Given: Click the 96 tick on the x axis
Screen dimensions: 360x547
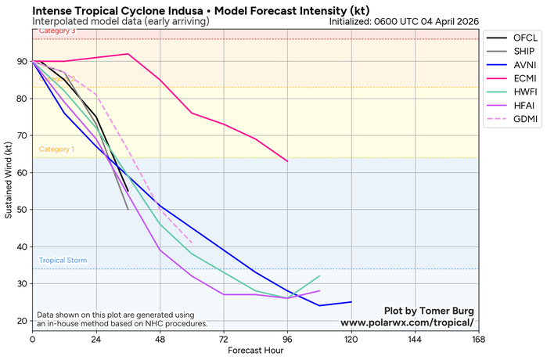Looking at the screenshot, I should click(287, 339).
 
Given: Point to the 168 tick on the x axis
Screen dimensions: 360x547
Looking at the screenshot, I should click(479, 339).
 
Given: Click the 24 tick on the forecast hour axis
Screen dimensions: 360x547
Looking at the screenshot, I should click(96, 339).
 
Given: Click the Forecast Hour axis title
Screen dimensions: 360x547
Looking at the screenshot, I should click(255, 351).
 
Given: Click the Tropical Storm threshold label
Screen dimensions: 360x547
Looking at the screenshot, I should click(63, 261).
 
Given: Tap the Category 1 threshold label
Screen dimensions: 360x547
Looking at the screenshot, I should click(56, 149).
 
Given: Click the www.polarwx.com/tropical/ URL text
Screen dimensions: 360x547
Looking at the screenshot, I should click(407, 322).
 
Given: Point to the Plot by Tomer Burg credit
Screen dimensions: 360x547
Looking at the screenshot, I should click(429, 311).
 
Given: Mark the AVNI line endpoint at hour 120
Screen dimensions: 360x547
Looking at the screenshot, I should click(351, 302).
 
